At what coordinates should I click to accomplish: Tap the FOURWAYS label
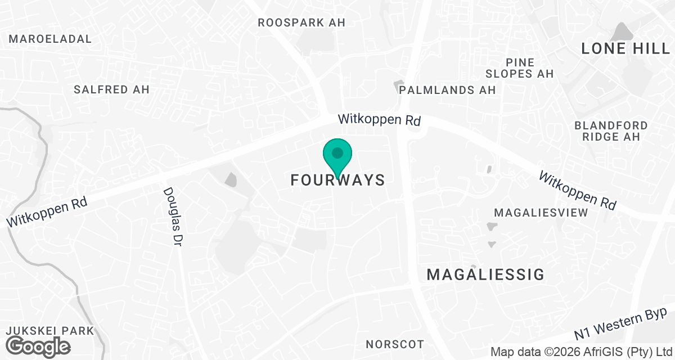pyautogui.click(x=337, y=181)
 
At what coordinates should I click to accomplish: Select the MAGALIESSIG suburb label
pyautogui.click(x=485, y=274)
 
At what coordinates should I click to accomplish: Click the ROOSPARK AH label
pyautogui.click(x=301, y=23)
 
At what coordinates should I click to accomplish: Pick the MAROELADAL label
pyautogui.click(x=51, y=39)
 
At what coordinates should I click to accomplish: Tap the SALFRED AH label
pyautogui.click(x=111, y=89)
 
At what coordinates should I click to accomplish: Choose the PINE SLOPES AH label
pyautogui.click(x=520, y=68)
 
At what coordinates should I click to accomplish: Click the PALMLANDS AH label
pyautogui.click(x=447, y=90)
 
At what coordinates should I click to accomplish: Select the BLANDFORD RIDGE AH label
pyautogui.click(x=611, y=130)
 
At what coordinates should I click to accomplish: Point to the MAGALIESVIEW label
pyautogui.click(x=541, y=213)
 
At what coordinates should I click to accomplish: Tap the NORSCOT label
pyautogui.click(x=394, y=344)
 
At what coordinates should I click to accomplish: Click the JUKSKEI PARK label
pyautogui.click(x=47, y=331)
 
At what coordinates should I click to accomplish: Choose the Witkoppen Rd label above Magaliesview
pyautogui.click(x=577, y=191)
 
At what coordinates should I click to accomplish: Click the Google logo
pyautogui.click(x=38, y=346)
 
